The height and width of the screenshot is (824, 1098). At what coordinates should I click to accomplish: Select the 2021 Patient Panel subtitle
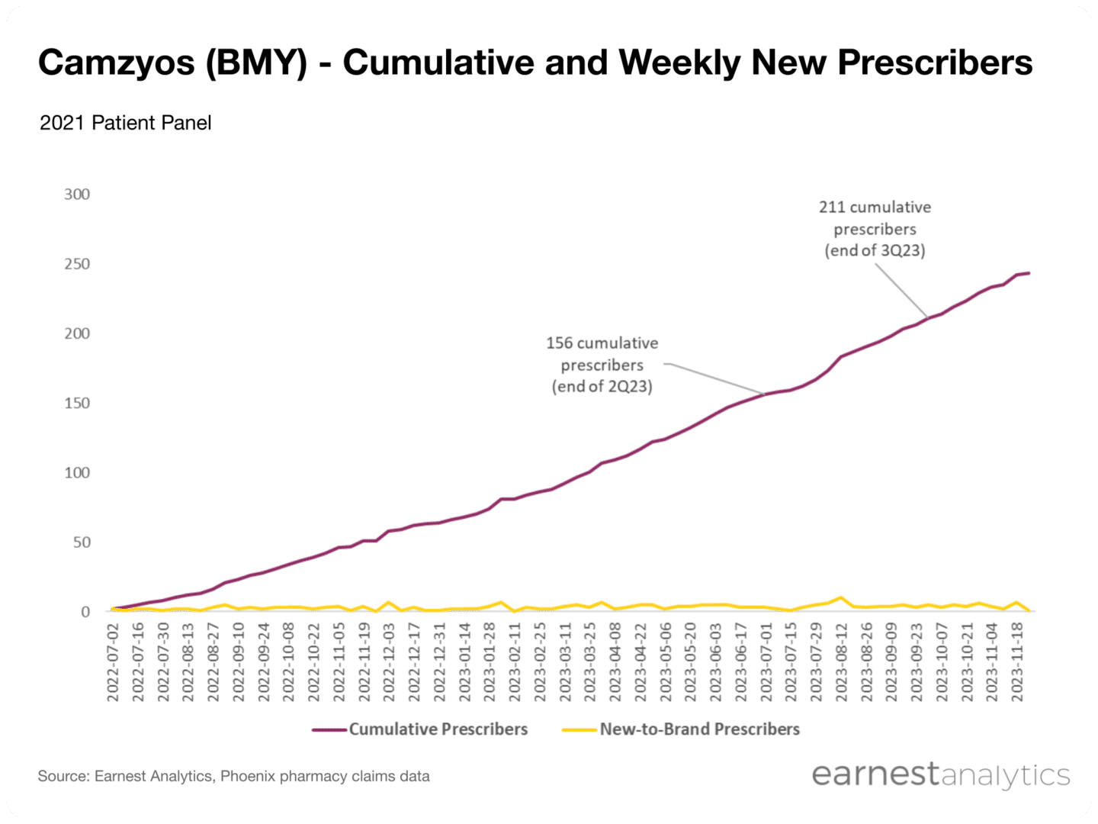point(125,123)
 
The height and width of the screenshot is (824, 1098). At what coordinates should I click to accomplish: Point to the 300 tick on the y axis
point(77,195)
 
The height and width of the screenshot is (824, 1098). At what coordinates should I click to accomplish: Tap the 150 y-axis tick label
point(77,403)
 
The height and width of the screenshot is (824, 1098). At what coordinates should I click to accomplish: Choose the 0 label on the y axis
point(85,612)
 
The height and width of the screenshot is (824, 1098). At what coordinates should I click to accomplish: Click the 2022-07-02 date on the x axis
point(114,661)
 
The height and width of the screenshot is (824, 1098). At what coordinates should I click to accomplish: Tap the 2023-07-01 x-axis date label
point(766,661)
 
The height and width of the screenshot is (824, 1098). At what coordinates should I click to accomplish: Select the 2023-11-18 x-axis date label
point(1017,661)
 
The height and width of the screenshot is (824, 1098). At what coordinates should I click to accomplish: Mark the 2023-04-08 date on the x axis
point(615,661)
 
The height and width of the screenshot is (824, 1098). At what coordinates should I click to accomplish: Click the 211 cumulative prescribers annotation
point(875,229)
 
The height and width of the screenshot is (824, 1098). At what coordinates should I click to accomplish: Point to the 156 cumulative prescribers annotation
point(602,365)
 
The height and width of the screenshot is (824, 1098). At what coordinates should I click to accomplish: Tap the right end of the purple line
point(1029,273)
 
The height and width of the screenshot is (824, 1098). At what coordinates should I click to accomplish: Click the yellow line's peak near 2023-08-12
point(840,597)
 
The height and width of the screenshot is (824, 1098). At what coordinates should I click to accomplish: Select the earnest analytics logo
point(940,774)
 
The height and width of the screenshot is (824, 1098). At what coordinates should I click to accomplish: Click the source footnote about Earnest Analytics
point(233,777)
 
